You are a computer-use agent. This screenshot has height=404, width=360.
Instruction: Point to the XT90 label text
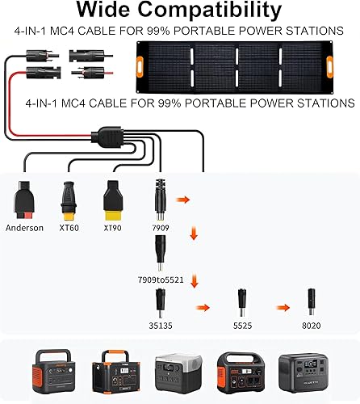[111, 229]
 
